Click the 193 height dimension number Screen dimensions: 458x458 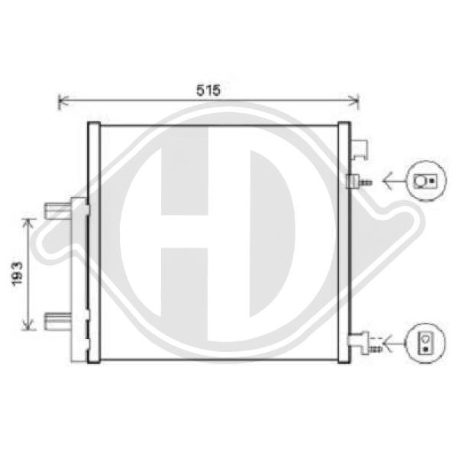pyautogui.click(x=17, y=273)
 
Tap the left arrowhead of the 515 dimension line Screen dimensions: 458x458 pyautogui.click(x=63, y=99)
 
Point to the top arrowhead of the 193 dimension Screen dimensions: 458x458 pyautogui.click(x=29, y=221)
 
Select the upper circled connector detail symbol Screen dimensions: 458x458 pyautogui.click(x=423, y=181)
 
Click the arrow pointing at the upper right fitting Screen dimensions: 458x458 pyautogui.click(x=393, y=182)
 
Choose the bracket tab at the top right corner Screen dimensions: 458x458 pyautogui.click(x=360, y=149)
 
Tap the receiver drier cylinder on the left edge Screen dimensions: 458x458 pyautogui.click(x=79, y=275)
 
